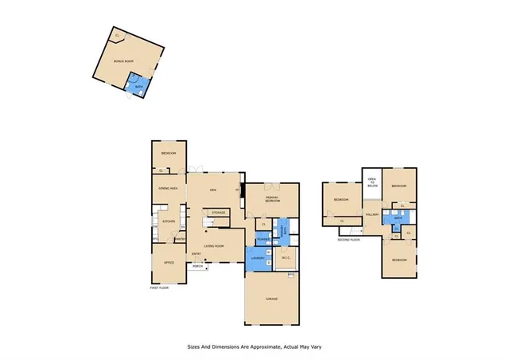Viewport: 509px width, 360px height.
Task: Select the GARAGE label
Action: (272, 297)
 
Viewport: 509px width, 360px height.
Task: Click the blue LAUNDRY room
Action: (258, 259)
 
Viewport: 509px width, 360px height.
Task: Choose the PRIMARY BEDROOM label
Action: (273, 201)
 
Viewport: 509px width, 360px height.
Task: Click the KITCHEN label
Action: (168, 221)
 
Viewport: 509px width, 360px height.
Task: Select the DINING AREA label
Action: (168, 189)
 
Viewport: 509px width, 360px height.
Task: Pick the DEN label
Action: (213, 190)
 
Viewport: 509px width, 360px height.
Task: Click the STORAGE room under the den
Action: (218, 213)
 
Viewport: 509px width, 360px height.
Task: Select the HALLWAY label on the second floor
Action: (371, 215)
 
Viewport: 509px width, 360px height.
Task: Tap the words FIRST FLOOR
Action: (161, 288)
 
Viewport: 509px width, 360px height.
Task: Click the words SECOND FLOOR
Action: (348, 239)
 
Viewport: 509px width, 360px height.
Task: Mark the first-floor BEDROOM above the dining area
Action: (168, 153)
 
